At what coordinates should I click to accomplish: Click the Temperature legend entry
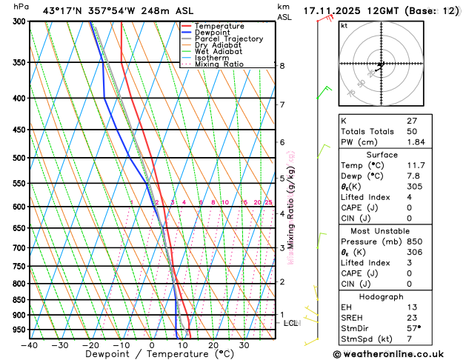coord(220,26)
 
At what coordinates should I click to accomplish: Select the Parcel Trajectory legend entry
coord(228,39)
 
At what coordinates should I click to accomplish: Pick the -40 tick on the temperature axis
coord(30,345)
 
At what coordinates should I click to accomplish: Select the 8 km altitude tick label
coord(282,66)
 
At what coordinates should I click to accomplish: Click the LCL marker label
coord(291,323)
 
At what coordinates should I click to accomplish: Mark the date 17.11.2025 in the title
coord(337,10)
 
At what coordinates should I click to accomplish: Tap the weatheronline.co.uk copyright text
coord(400,353)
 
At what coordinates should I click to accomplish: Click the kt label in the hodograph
coord(344,26)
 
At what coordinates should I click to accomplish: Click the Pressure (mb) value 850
coord(413,241)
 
